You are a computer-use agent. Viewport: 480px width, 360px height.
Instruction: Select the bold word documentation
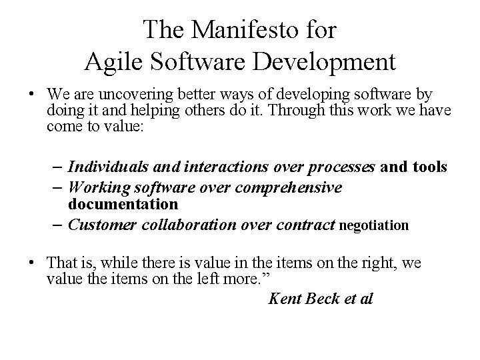(123, 203)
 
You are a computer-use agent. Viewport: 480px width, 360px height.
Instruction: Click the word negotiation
(374, 225)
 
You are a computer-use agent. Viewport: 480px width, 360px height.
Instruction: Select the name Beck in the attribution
(322, 298)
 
